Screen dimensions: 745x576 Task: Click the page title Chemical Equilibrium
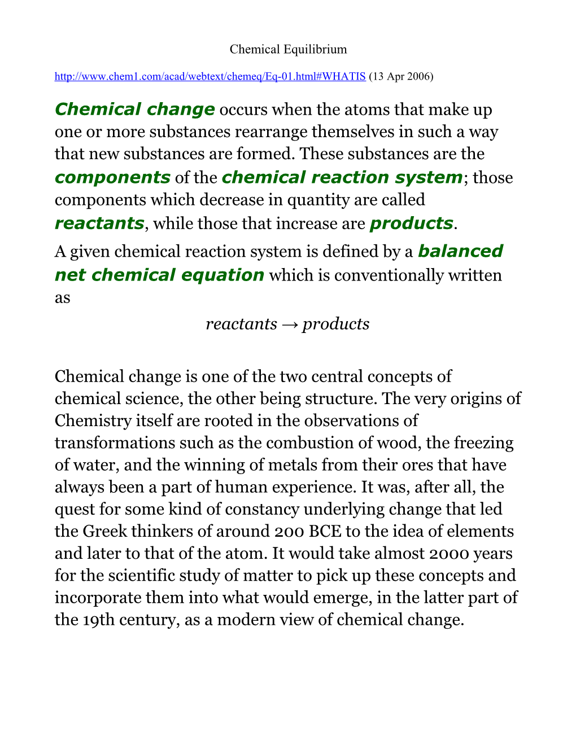[288, 50]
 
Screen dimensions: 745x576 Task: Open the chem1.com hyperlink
[210, 76]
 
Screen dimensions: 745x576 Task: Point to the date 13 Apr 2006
[401, 76]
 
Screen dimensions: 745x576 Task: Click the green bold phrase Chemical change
[134, 109]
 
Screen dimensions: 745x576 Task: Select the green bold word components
[112, 177]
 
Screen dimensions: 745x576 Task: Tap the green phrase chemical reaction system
[342, 177]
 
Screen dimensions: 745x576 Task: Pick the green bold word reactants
[99, 223]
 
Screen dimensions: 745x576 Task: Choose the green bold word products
[411, 223]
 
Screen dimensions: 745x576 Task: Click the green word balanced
[460, 251]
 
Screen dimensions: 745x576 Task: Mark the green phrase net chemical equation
[159, 275]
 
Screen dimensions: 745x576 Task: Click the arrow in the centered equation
[290, 324]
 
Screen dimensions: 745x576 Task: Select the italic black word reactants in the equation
[242, 324]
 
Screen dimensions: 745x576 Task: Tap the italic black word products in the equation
[335, 324]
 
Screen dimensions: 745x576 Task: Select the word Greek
[104, 531]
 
